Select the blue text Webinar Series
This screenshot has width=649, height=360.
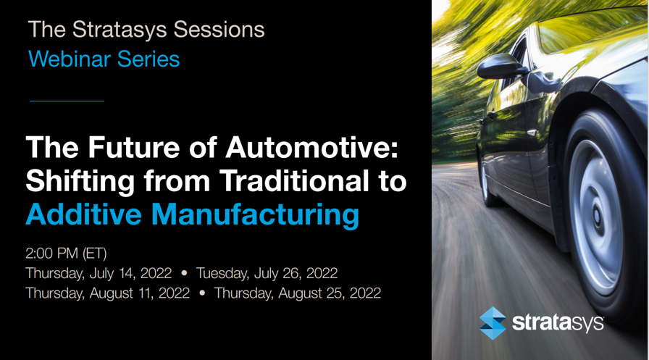104,59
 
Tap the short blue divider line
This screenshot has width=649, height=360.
67,101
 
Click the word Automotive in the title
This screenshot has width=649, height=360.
311,147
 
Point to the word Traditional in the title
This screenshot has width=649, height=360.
294,180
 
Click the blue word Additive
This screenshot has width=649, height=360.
83,214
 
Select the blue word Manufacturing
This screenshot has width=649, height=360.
255,215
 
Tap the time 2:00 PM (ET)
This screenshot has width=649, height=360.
66,254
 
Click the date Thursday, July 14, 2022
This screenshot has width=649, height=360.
99,274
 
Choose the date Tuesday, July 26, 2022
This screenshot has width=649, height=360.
267,274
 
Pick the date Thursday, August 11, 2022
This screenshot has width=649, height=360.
108,293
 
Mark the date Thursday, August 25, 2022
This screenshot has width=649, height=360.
298,293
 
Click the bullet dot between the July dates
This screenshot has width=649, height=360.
184,273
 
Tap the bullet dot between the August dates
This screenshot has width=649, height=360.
202,293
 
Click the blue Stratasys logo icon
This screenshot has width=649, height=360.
493,323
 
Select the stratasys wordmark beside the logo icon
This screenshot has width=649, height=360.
558,323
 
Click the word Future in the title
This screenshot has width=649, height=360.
134,147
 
